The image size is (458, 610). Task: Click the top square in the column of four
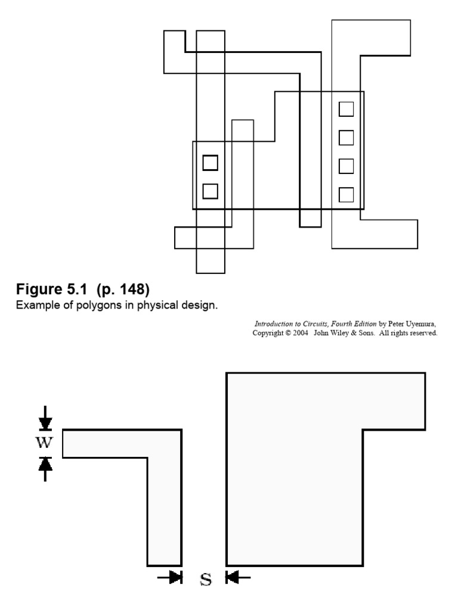(x=346, y=109)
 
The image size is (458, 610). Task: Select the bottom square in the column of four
(x=346, y=195)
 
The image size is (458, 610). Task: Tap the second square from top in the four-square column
(x=346, y=138)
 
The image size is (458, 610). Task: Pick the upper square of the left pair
(x=210, y=163)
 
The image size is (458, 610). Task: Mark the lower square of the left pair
(x=210, y=191)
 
